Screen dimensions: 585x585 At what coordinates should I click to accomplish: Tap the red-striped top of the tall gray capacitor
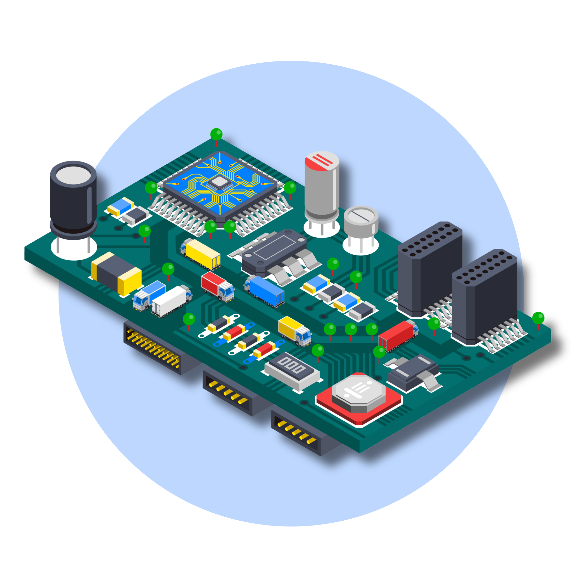pos(322,161)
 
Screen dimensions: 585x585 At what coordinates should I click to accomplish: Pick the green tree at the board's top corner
pos(216,134)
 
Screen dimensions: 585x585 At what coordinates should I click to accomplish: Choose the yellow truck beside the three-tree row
pos(294,331)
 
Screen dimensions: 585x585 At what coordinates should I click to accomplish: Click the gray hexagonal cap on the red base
pos(359,392)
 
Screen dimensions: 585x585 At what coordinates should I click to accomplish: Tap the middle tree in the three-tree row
pos(351,329)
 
